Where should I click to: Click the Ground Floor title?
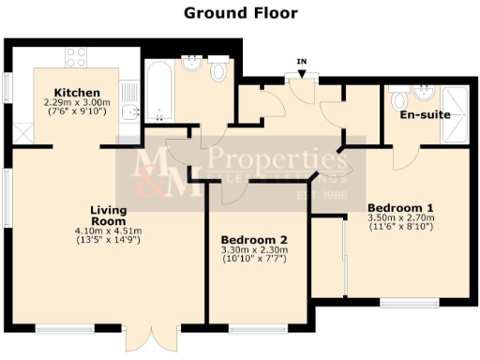[240, 13]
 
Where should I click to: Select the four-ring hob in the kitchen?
[75, 57]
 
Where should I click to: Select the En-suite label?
[425, 114]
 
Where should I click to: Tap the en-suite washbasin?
[427, 93]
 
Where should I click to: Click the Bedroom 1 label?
[400, 206]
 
